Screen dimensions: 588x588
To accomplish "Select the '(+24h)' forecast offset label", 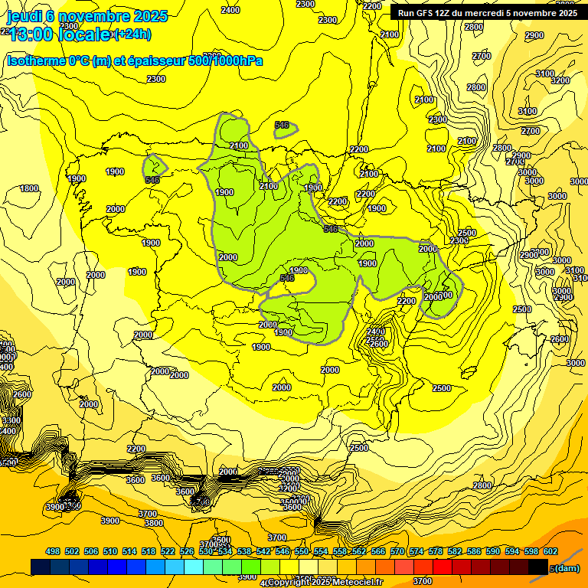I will (x=132, y=34).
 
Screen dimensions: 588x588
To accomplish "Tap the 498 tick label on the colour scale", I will (x=53, y=551).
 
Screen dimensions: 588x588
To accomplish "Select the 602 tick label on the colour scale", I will (x=550, y=551).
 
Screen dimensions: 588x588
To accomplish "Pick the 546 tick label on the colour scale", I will (x=282, y=551).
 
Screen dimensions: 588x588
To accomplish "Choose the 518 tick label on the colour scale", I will (x=149, y=551).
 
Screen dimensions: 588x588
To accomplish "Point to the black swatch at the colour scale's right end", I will (x=537, y=567).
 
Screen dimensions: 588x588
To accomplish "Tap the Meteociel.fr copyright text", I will (x=325, y=583).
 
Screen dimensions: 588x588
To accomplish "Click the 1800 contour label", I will (x=29, y=188).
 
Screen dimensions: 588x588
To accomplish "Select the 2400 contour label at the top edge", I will (x=230, y=10).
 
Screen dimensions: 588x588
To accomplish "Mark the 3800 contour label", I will (x=154, y=523).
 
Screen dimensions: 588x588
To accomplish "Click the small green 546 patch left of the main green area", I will (x=154, y=167).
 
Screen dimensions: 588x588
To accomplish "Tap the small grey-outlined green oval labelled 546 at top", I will (x=285, y=127).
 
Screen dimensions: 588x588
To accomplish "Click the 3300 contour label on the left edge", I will (x=10, y=420).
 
